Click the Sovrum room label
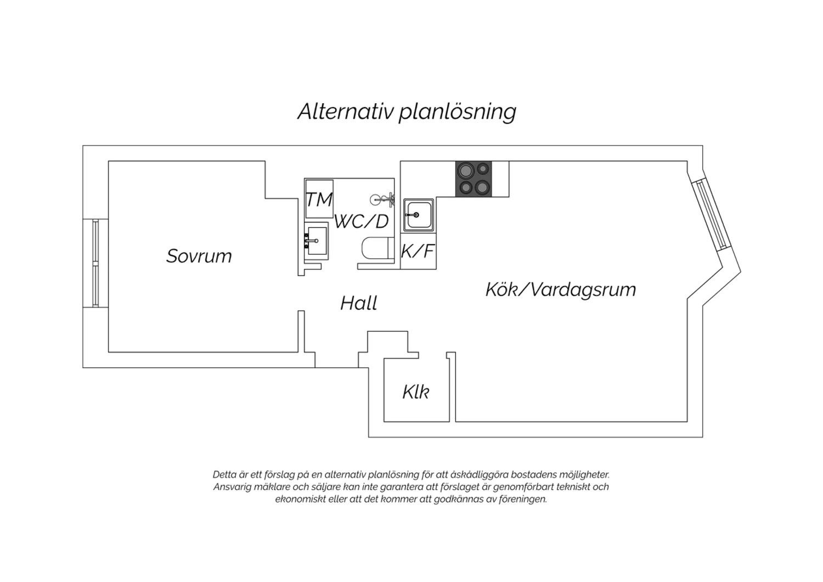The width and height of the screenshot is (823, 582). click(x=199, y=256)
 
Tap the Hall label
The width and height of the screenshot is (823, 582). click(x=359, y=303)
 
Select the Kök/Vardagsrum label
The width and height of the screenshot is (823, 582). click(x=561, y=289)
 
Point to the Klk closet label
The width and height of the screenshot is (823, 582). click(x=415, y=392)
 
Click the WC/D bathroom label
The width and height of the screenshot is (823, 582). click(x=361, y=222)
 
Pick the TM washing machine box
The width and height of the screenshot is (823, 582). click(x=319, y=199)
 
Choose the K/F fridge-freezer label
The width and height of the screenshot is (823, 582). click(x=418, y=251)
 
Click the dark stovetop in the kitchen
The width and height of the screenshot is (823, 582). click(x=473, y=178)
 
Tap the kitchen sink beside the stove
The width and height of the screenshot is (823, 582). click(x=419, y=215)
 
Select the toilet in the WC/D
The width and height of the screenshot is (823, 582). click(x=375, y=249)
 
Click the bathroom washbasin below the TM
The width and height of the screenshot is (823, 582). click(x=316, y=241)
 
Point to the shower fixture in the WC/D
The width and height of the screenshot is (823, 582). click(x=382, y=199)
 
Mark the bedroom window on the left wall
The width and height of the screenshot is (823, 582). click(x=95, y=263)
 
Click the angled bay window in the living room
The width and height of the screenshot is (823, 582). click(x=712, y=215)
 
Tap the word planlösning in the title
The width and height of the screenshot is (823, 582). click(x=458, y=112)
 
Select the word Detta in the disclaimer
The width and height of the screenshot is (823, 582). click(x=223, y=474)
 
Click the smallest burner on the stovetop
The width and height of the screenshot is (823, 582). click(x=483, y=169)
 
